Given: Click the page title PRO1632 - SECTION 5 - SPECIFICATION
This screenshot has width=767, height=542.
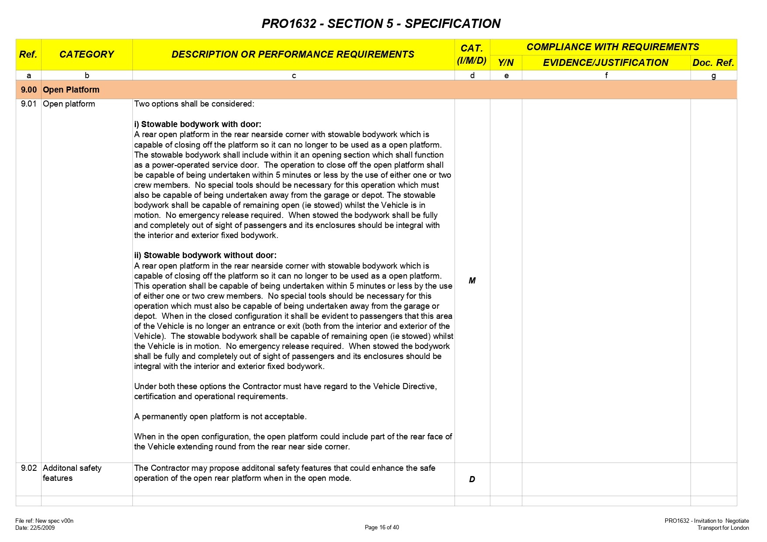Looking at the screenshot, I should click(381, 24).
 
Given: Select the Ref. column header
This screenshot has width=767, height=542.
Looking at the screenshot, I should click(28, 55).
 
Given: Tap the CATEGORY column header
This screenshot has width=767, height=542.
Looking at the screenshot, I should click(87, 55).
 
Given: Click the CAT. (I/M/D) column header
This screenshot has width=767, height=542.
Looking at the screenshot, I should click(472, 55).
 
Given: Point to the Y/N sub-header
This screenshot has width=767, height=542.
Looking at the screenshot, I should click(506, 63).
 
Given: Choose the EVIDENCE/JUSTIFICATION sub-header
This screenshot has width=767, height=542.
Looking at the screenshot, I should click(605, 63).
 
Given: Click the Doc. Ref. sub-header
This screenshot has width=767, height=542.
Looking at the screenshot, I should click(713, 63).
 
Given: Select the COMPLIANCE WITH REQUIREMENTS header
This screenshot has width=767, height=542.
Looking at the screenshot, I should click(612, 47).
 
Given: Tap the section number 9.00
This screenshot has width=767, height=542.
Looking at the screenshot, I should click(29, 90).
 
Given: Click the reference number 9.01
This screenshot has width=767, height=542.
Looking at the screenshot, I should click(29, 104).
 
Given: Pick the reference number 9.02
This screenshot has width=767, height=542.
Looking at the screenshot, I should click(29, 468).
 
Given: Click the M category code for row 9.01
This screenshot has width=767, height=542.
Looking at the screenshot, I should click(472, 281).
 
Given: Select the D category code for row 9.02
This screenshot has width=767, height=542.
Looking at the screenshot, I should click(472, 480).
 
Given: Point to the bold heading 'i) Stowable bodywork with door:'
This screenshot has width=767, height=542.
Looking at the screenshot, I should click(198, 124).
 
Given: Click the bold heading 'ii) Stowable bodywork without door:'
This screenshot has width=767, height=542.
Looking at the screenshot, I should click(205, 255).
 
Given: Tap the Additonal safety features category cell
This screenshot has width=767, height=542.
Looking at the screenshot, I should click(72, 473).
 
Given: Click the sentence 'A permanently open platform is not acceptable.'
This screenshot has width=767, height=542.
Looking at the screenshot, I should click(220, 417).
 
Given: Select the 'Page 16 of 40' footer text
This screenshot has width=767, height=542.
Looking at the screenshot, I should click(382, 528).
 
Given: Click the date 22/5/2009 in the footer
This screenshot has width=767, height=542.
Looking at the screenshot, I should click(42, 528).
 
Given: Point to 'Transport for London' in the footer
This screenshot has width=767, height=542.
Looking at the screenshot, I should click(723, 528).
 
